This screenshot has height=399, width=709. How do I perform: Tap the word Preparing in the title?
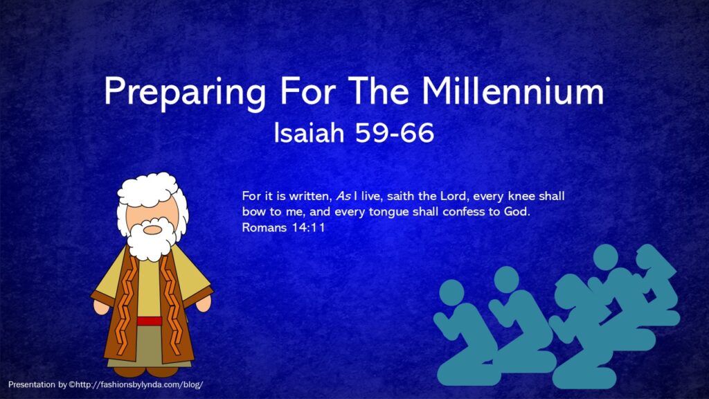click(x=185, y=94)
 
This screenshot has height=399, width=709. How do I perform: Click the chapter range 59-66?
click(x=394, y=133)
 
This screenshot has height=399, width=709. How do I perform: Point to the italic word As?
click(x=343, y=196)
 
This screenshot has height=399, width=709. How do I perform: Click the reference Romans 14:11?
click(x=283, y=227)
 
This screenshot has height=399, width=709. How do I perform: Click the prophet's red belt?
click(x=150, y=321)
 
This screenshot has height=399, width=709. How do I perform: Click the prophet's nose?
click(x=152, y=229)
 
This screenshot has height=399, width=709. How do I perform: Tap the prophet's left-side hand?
click(x=101, y=306)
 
